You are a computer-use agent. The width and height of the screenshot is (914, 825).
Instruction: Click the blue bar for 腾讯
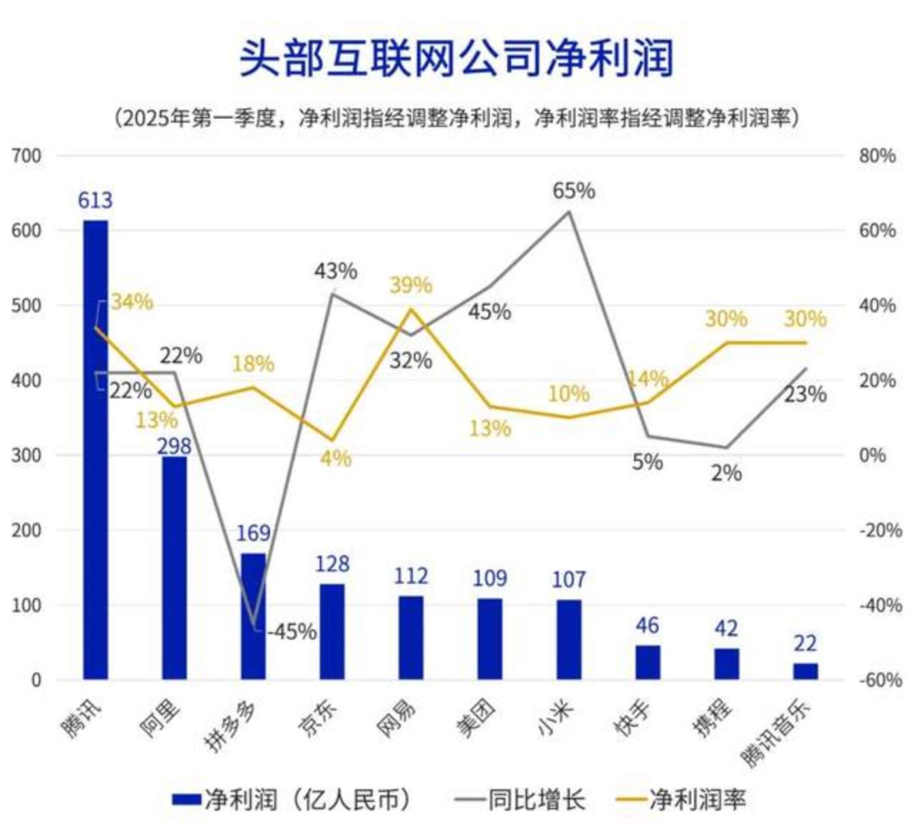tap(95, 450)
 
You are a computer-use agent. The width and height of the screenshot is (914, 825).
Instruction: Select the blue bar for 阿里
tap(174, 568)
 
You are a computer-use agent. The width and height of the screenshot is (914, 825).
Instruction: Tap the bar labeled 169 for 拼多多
tap(253, 616)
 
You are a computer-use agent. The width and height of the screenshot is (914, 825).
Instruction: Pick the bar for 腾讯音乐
tap(805, 671)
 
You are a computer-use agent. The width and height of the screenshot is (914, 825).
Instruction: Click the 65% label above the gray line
tap(573, 191)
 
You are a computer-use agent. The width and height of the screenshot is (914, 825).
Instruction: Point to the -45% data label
tap(292, 632)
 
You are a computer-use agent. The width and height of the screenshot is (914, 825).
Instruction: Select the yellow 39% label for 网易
tap(411, 285)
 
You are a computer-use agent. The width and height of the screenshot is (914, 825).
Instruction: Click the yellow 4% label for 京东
tap(336, 458)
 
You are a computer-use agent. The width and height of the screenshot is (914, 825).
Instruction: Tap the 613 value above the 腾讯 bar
tap(95, 200)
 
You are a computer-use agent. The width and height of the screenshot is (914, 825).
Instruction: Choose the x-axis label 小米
tap(555, 717)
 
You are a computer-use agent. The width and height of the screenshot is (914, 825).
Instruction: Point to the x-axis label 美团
tap(476, 719)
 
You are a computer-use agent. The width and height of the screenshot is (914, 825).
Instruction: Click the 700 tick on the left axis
tap(26, 156)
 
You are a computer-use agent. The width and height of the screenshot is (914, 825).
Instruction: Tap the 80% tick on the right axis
tap(877, 156)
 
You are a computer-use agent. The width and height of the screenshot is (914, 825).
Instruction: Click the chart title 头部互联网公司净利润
tap(456, 57)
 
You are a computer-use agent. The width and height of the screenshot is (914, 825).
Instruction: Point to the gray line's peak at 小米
tap(569, 211)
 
